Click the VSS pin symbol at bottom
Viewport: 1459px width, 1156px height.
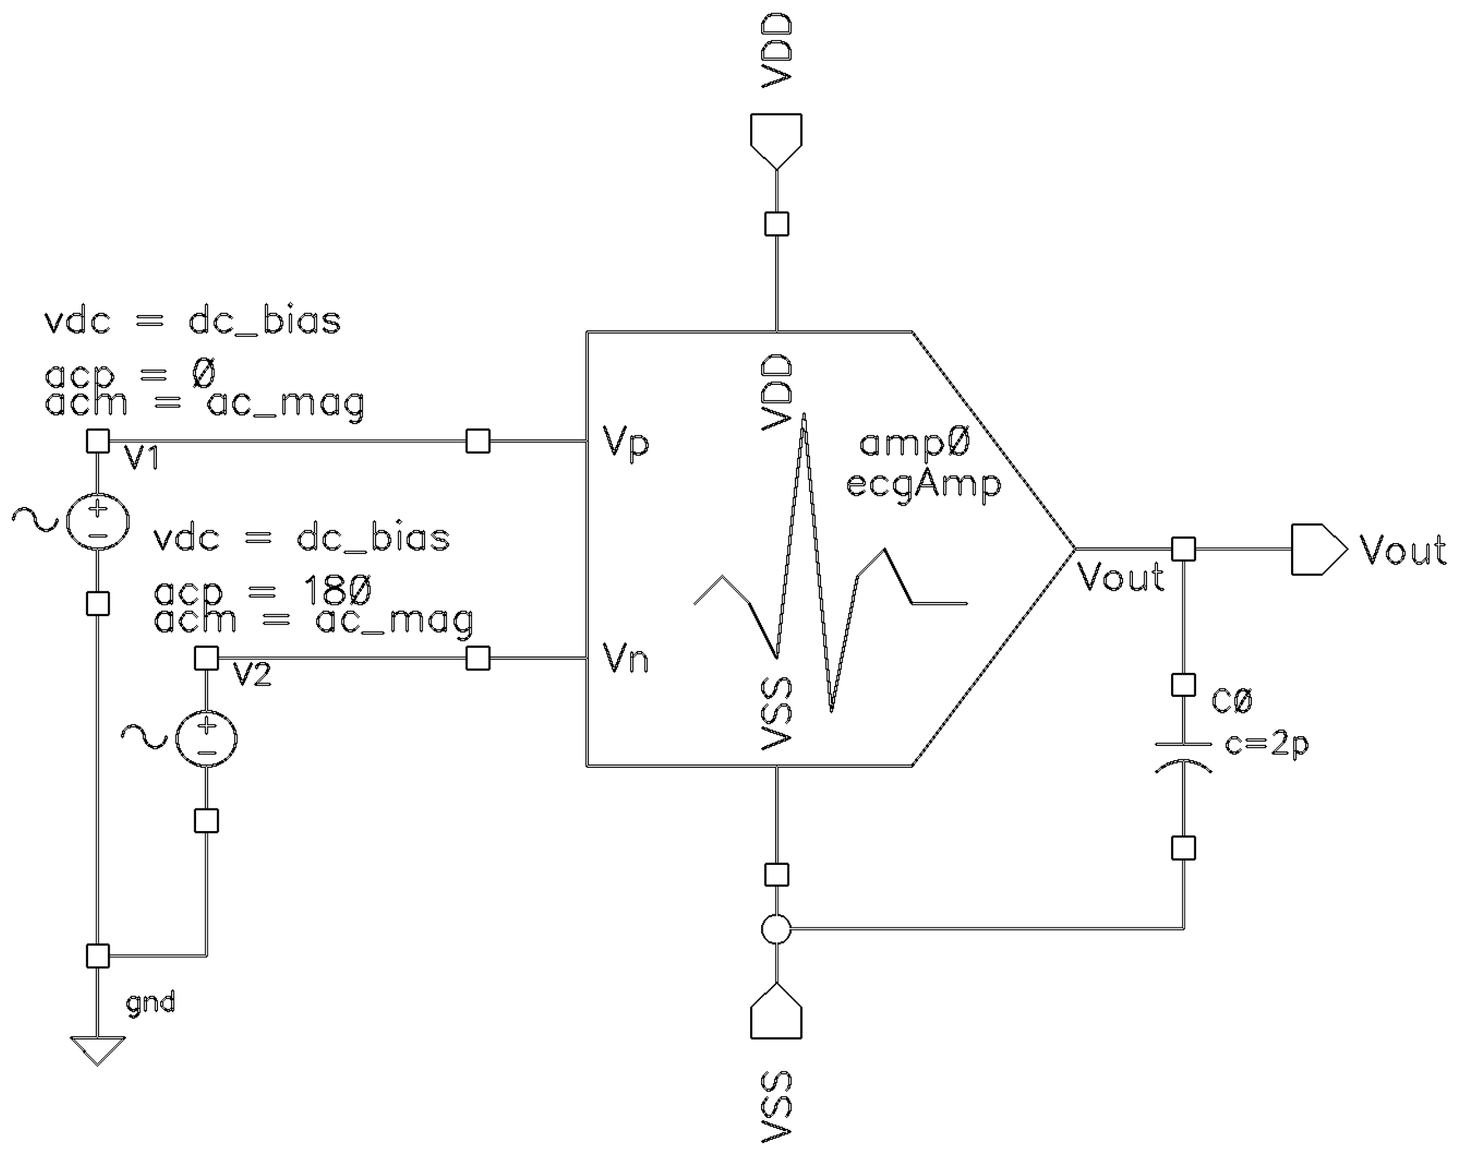pos(776,1013)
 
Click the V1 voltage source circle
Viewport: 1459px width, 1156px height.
pos(97,521)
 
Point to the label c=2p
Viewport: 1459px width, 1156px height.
pos(1266,745)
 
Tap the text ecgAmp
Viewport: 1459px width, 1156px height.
pos(923,485)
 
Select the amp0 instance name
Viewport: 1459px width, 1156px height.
pos(915,444)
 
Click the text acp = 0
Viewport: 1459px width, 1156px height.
pos(130,374)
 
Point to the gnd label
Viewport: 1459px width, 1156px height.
pos(150,1002)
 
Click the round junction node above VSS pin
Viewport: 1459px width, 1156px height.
pos(776,929)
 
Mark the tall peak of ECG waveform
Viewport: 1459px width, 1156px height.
pos(804,416)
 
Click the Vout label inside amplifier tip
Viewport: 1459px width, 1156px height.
pos(1120,577)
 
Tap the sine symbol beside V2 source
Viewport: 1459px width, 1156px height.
pos(143,736)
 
